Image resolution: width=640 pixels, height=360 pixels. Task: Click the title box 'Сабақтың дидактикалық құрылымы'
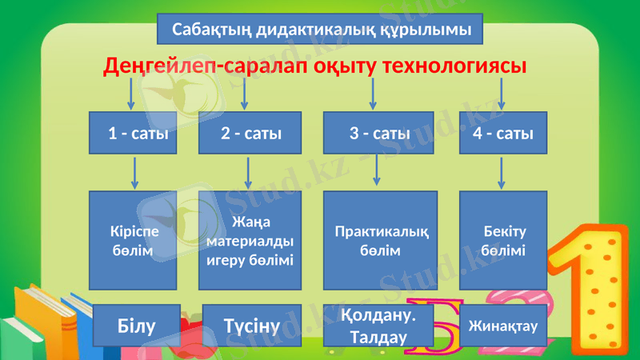[321, 30]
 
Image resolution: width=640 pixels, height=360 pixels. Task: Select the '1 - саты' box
[132, 133]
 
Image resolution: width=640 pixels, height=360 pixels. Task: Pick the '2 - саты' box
[250, 133]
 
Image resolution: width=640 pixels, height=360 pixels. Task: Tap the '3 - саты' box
[379, 133]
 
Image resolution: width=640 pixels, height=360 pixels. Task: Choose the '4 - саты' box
[502, 133]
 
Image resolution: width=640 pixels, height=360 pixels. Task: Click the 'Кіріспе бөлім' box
[132, 240]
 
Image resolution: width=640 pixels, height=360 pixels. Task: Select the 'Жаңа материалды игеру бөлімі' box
[250, 240]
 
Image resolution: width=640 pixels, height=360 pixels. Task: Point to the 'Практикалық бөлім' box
[380, 240]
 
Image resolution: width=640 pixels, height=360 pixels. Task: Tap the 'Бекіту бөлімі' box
[503, 240]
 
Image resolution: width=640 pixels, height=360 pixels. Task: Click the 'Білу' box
[137, 325]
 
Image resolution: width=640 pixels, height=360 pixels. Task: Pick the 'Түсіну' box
[251, 325]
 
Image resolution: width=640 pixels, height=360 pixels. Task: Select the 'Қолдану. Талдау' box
[378, 326]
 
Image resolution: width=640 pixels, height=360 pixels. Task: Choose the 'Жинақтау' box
[502, 325]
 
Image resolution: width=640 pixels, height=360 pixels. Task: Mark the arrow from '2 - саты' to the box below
[249, 172]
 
